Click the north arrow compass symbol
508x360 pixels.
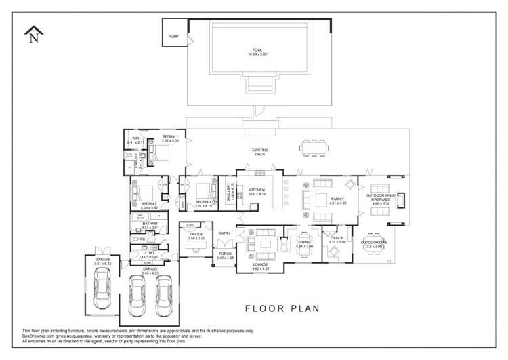(x=33, y=35)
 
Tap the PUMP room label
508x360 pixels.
(x=173, y=36)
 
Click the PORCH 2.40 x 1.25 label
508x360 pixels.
(x=224, y=256)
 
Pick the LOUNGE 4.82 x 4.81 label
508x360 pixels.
(x=261, y=267)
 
